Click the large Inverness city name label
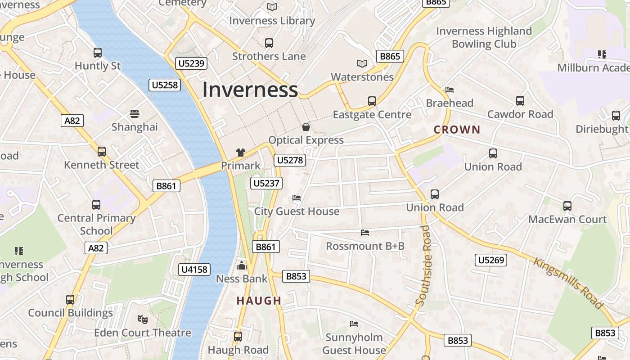pos(250,90)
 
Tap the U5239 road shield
pos(192,63)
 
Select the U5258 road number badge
pos(165,85)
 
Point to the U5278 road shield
pos(290,160)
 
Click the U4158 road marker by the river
pos(194,269)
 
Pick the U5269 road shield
pos(491,260)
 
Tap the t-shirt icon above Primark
pos(241,153)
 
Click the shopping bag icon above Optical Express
pos(306,127)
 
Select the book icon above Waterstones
pos(362,63)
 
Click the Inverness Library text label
pos(272,21)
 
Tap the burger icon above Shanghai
pos(135,113)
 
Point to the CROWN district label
pos(457,130)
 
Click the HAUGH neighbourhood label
pos(259,301)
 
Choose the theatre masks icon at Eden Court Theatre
pos(143,319)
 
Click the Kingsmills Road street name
pos(568,283)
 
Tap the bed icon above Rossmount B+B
pos(365,233)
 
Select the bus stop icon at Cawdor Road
pos(520,101)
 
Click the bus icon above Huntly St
pos(98,53)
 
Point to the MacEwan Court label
pos(567,219)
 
